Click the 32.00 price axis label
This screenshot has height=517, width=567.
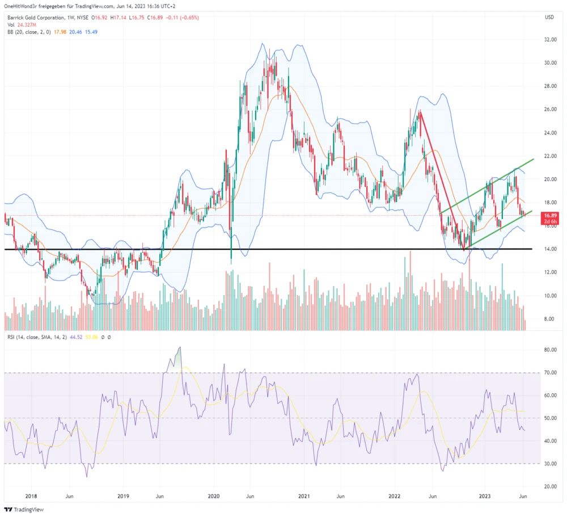point(550,40)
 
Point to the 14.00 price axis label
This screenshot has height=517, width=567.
point(550,249)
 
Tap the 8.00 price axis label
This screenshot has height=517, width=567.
point(550,319)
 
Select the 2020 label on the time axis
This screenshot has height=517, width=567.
point(214,495)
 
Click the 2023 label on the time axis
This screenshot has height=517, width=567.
point(485,495)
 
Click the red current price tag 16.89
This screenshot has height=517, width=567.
point(549,216)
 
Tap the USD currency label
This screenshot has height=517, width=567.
point(549,17)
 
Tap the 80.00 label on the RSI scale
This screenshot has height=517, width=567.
point(550,350)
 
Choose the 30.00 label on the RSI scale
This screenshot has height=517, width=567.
point(550,464)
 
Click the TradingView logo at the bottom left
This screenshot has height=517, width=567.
point(23,509)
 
